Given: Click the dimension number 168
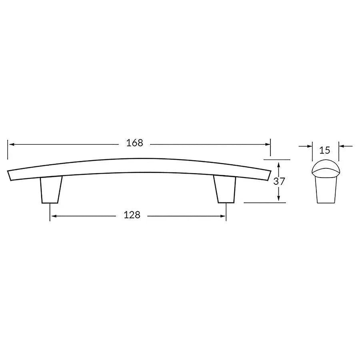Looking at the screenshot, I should [x=135, y=143].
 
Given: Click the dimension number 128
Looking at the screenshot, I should [x=132, y=215].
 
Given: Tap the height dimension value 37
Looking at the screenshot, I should [x=279, y=181].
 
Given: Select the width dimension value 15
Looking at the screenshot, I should [x=325, y=150].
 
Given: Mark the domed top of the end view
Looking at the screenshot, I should [x=325, y=166].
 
